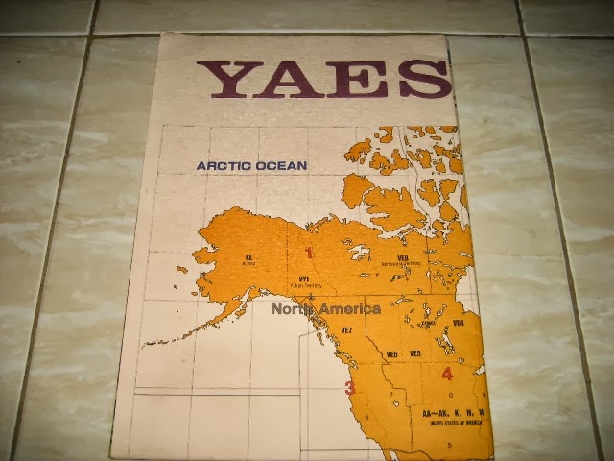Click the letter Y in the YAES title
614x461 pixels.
click(234, 80)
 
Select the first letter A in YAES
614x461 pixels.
click(299, 80)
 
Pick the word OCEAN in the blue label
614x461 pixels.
click(281, 165)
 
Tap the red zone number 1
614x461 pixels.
click(309, 253)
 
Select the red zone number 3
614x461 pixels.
click(350, 388)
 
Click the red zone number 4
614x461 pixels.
click(447, 375)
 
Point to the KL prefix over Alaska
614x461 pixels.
click(248, 257)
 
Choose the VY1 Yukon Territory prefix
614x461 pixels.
click(304, 279)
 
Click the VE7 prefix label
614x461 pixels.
click(347, 330)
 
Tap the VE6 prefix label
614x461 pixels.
click(392, 354)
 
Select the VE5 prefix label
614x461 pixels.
click(414, 354)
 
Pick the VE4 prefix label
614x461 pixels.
click(458, 323)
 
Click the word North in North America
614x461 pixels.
click(291, 309)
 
